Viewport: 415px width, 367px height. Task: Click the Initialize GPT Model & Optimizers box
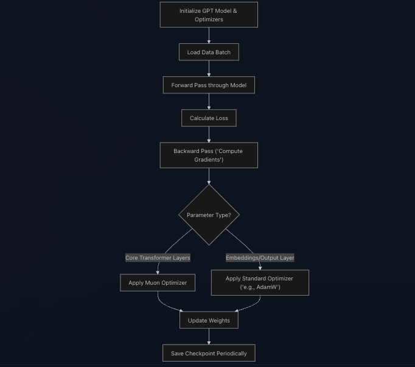[x=209, y=15]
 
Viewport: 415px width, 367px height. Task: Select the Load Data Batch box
[x=209, y=52]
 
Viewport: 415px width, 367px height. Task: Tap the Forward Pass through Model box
[x=209, y=85]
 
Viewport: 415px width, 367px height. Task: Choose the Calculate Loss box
[x=209, y=118]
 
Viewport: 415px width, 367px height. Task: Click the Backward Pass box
[x=209, y=155]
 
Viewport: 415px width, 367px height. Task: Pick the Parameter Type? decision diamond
[x=209, y=215]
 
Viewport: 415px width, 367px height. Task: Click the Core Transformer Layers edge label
[x=158, y=258]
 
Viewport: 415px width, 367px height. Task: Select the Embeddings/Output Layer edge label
[x=260, y=258]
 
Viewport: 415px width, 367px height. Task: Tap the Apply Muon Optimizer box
[x=158, y=283]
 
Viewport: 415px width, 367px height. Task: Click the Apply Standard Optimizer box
[x=260, y=283]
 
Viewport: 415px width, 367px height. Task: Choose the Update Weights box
[x=209, y=321]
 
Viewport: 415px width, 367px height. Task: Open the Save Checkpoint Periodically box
[x=209, y=354]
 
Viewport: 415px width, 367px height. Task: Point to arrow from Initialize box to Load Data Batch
[x=209, y=35]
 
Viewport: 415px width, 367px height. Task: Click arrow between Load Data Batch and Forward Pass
[x=209, y=68]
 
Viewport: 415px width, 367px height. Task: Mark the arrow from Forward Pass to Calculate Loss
[x=209, y=101]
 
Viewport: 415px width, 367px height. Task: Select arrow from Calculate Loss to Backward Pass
[x=209, y=134]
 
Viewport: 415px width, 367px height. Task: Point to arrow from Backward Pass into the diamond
[x=209, y=176]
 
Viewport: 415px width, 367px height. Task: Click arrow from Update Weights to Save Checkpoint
[x=209, y=337]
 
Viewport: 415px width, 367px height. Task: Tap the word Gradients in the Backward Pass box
[x=209, y=160]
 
